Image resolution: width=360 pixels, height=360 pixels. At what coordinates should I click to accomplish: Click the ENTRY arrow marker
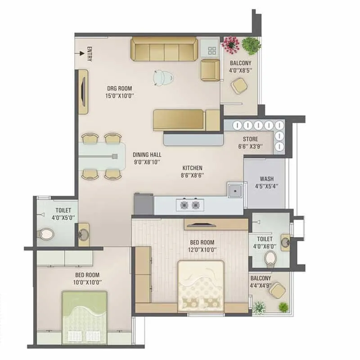[82, 54]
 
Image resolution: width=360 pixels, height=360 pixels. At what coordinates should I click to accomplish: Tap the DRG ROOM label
[119, 88]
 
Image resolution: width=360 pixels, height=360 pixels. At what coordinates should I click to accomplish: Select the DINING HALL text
[147, 155]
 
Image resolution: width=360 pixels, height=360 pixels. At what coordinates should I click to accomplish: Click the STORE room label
[250, 139]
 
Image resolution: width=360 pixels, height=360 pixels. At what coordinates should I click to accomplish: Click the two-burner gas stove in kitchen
[189, 205]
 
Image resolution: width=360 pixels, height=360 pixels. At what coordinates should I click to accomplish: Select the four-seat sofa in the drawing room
[164, 49]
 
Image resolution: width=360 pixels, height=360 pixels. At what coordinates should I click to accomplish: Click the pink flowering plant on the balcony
[230, 43]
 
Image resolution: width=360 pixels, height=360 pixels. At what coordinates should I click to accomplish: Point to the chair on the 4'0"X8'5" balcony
[238, 85]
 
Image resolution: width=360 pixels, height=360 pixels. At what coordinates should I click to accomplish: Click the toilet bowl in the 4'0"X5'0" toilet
[46, 234]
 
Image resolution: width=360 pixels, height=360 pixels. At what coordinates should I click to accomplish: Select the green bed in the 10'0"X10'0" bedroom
[85, 317]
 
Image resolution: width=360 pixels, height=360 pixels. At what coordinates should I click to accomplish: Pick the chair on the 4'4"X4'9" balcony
[278, 290]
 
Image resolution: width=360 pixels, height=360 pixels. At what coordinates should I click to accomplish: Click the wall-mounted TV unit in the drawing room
[83, 92]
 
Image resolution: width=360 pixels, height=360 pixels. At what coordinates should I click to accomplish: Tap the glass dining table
[103, 156]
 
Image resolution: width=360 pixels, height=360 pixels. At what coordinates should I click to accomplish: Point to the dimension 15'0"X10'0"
[119, 95]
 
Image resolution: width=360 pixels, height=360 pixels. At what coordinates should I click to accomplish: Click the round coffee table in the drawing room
[162, 77]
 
